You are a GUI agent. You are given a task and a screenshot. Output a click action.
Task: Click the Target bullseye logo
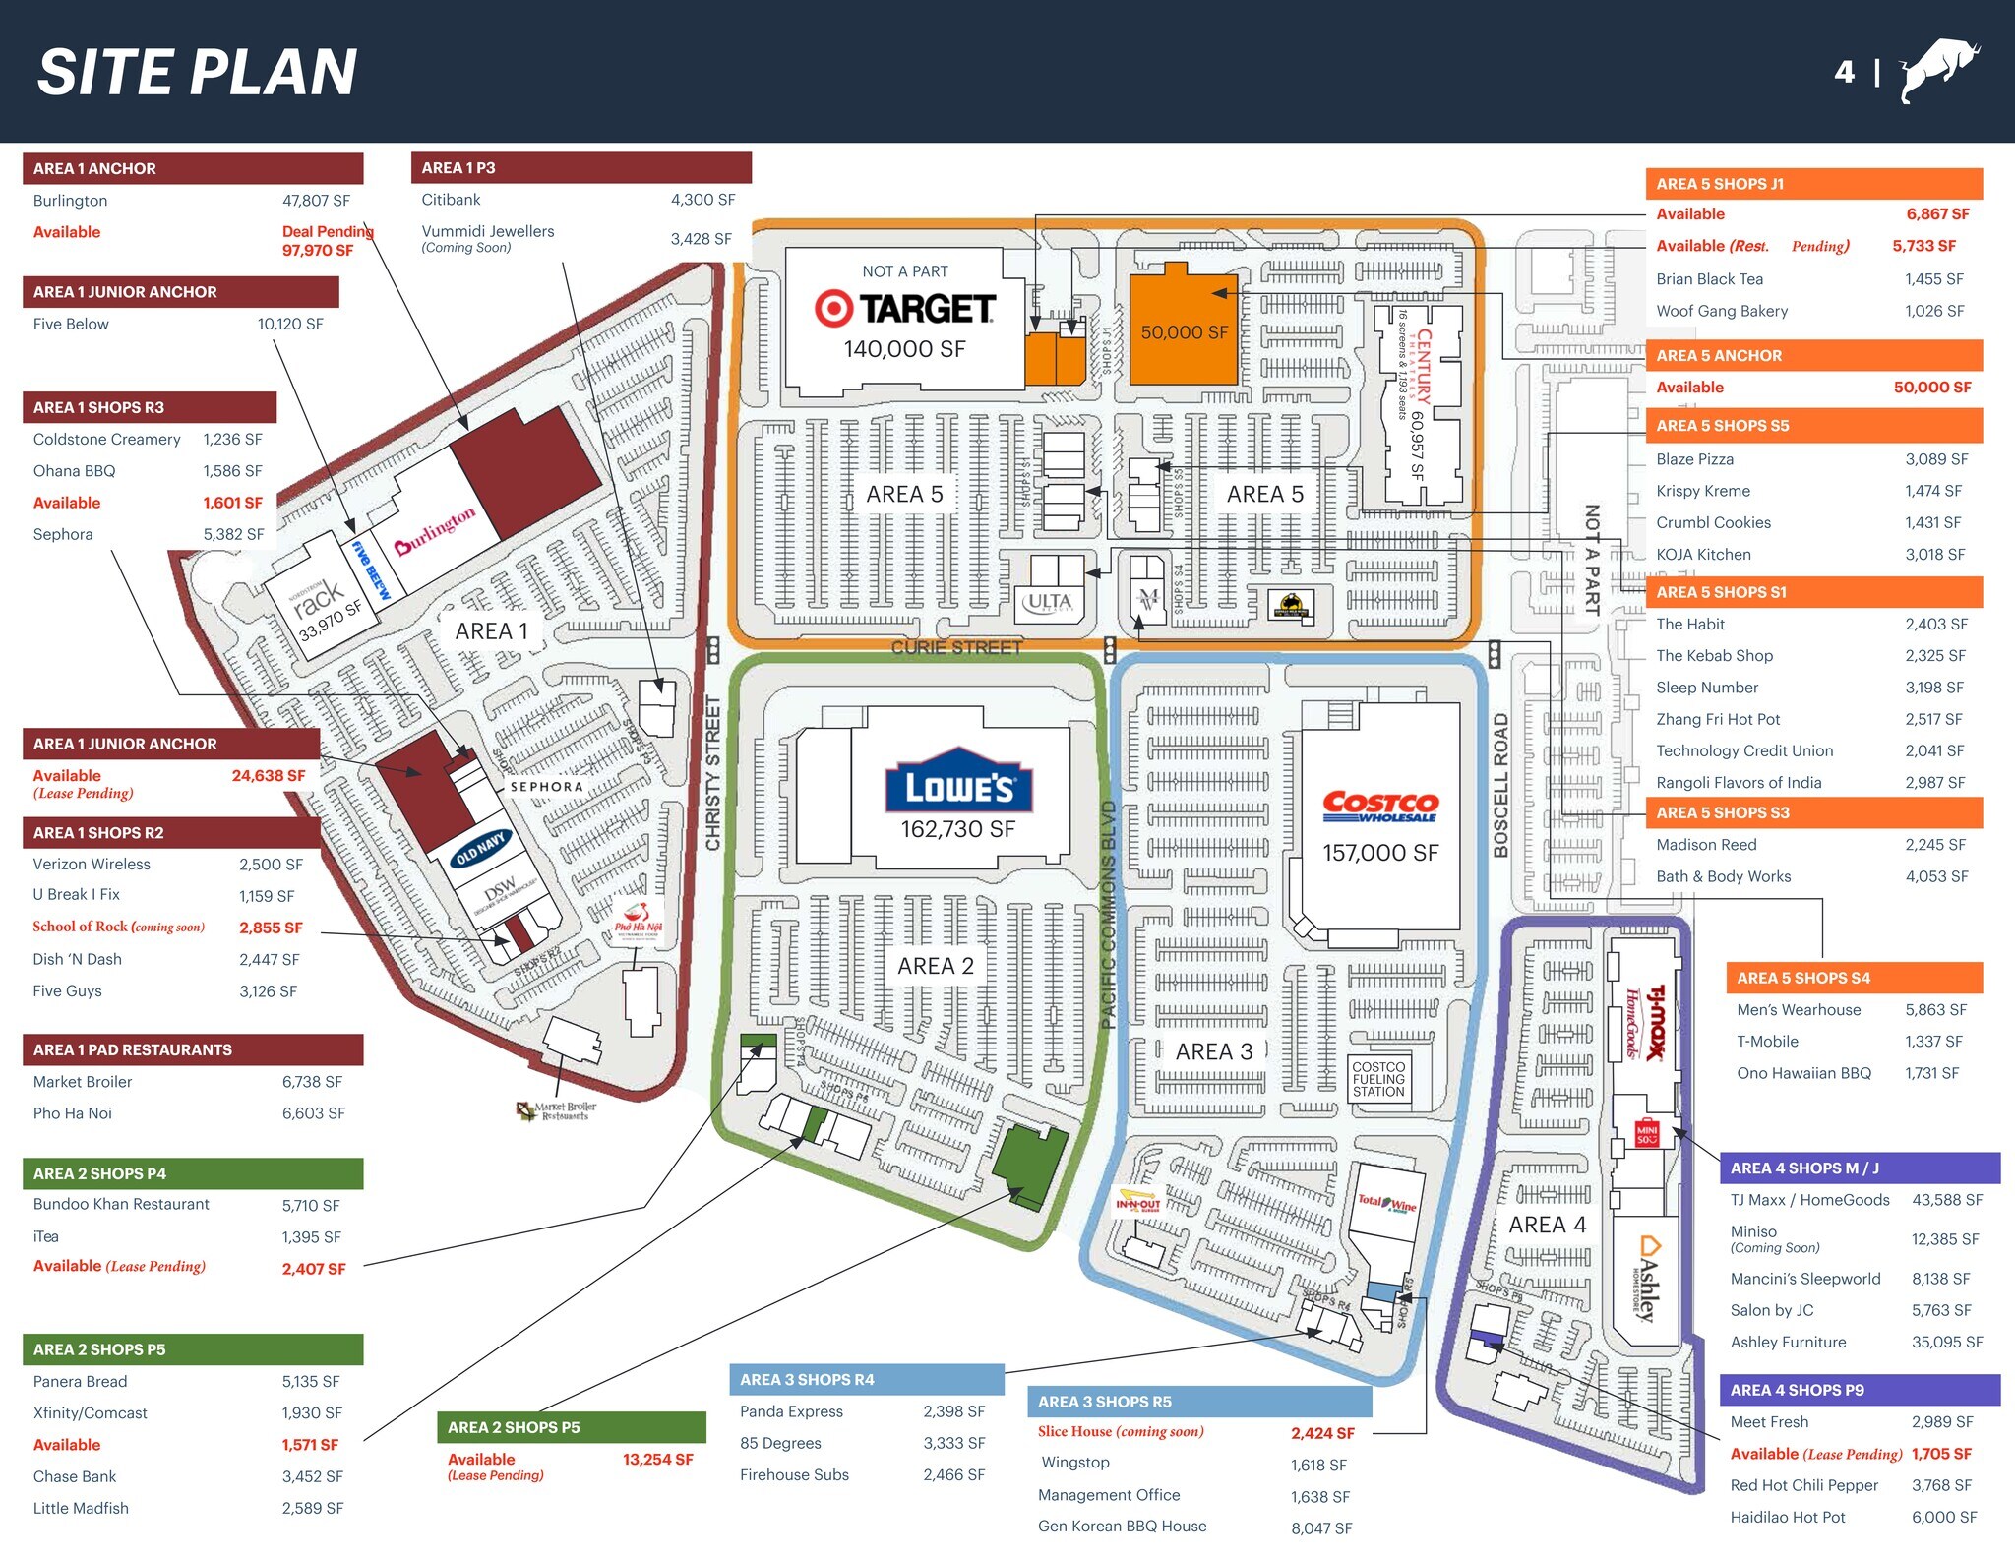point(833,309)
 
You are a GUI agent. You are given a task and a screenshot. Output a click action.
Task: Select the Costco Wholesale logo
point(1380,806)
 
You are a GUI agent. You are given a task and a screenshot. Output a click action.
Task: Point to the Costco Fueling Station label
point(1378,1079)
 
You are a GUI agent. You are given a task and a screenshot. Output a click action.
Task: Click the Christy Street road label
point(713,772)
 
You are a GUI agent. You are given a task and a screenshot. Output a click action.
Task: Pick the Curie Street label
point(956,647)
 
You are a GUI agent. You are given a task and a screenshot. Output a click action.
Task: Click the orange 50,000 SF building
point(1183,330)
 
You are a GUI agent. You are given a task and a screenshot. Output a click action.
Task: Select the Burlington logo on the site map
point(435,531)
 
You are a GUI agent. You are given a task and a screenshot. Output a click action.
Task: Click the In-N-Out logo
point(1137,1204)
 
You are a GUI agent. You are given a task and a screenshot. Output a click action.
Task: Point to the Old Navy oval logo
point(480,848)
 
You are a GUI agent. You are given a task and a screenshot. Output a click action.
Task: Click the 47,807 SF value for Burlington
point(316,201)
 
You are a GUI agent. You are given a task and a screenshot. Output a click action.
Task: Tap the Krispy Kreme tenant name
point(1703,491)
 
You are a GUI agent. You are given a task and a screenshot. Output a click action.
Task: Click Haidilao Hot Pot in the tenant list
point(1788,1517)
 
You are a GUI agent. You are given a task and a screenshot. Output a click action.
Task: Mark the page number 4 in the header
point(1844,72)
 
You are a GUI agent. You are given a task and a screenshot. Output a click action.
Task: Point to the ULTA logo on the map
point(1049,601)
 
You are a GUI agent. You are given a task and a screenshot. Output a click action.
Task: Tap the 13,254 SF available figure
point(657,1460)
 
